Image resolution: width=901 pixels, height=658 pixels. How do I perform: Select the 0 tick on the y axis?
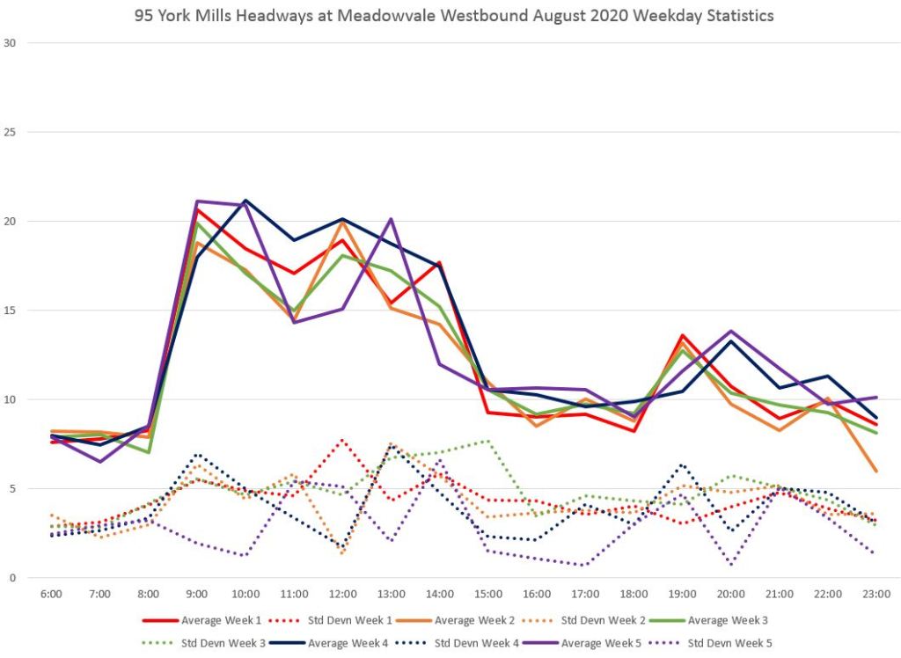point(11,578)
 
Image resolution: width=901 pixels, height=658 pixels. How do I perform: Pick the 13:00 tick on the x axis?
point(392,594)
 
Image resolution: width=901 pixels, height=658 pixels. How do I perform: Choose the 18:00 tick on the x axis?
point(634,594)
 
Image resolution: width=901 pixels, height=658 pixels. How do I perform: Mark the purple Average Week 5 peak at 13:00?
point(392,219)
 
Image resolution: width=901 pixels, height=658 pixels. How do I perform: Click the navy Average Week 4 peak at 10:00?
point(245,201)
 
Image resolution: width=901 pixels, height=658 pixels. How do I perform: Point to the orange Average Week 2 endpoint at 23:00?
point(876,471)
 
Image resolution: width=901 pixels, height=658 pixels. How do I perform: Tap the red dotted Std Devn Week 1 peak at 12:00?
point(343,440)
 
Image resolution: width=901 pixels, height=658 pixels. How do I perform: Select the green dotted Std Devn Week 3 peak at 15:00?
point(488,441)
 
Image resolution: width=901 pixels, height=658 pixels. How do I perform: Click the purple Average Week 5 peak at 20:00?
point(730,332)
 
